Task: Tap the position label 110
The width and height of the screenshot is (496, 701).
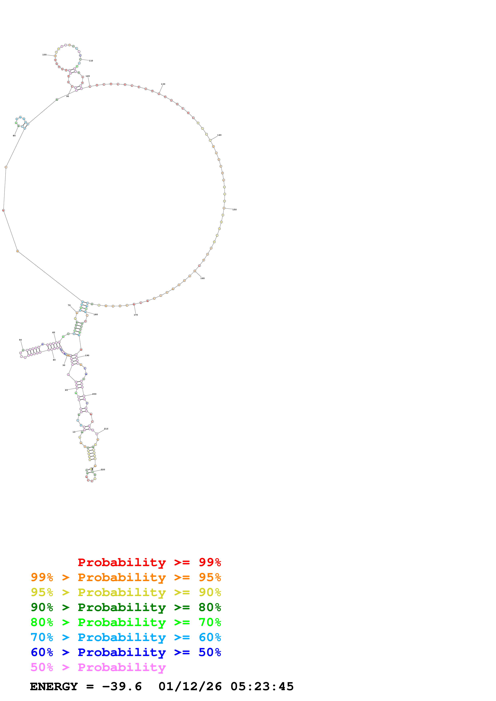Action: point(91,61)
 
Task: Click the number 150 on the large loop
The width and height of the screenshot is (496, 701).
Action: point(234,210)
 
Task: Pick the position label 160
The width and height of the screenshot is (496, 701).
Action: point(202,278)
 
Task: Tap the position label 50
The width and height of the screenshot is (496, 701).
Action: point(20,340)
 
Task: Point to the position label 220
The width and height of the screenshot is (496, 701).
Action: point(103,470)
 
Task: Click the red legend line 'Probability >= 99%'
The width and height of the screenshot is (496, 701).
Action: point(149,562)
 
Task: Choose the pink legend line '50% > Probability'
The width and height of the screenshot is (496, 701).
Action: point(98,667)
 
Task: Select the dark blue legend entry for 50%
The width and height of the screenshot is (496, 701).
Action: point(126,652)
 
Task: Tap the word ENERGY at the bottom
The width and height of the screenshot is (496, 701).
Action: point(54,687)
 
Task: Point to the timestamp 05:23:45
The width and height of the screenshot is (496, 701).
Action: point(262,687)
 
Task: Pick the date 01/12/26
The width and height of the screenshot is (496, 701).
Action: point(190,687)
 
